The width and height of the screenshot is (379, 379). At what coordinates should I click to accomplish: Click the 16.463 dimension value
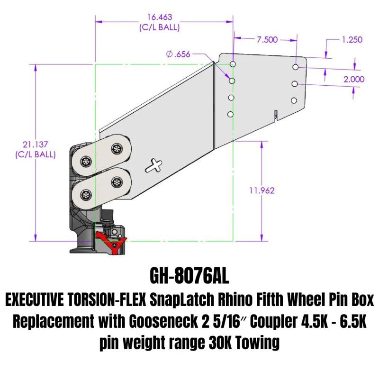(x=159, y=18)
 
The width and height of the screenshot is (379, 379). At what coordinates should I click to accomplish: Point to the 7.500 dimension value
(x=267, y=40)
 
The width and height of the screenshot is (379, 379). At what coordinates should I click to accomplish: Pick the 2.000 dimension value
(x=354, y=79)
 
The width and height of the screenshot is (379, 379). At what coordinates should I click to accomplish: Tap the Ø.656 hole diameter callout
(x=178, y=54)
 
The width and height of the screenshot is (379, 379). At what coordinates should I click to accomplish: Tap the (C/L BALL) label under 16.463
(x=159, y=27)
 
